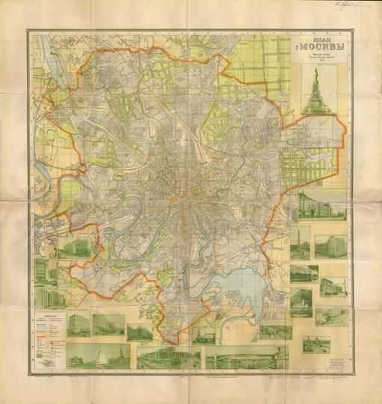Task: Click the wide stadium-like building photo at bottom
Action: coord(169,358)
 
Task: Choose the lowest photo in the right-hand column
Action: coord(315,343)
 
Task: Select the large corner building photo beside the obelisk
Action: coord(329,246)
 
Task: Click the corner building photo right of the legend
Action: coord(78,324)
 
